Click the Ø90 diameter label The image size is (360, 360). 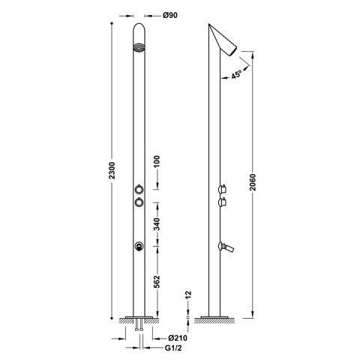coord(170,15)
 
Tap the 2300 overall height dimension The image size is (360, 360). coord(112,170)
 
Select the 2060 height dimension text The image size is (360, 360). coord(253,182)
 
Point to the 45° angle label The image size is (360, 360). coord(236,74)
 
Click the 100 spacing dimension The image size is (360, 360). coord(157,162)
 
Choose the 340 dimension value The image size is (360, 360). coord(157,224)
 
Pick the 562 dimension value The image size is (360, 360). coord(157,282)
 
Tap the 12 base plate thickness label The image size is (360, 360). coord(188,295)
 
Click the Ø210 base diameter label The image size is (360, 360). coord(178,338)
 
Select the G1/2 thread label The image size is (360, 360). coord(173,348)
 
